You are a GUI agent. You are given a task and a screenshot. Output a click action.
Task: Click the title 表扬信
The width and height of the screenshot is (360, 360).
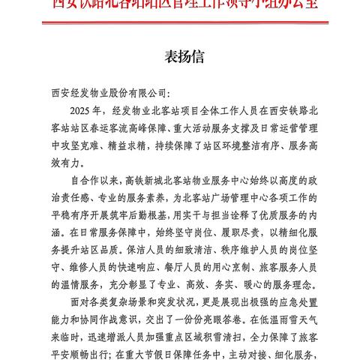click(x=179, y=55)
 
